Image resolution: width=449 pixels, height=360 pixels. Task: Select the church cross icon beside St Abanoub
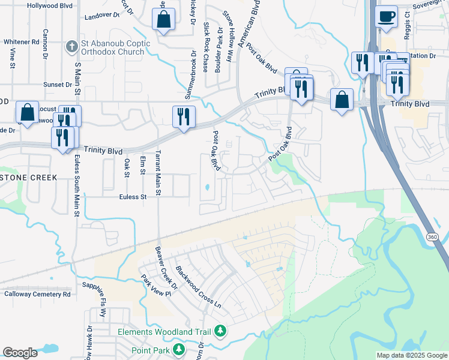point(70,46)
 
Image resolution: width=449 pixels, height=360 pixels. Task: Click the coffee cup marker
point(386,16)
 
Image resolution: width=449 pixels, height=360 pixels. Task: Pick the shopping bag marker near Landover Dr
point(163,20)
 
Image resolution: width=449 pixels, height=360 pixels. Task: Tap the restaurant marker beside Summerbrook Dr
point(184,116)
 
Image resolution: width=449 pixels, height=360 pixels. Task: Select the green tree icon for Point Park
point(178,349)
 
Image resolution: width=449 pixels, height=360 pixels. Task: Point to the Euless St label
point(133,197)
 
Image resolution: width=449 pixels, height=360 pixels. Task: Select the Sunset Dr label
point(58,85)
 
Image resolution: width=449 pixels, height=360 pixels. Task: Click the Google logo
point(20,353)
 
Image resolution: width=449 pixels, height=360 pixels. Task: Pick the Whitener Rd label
point(22,42)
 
